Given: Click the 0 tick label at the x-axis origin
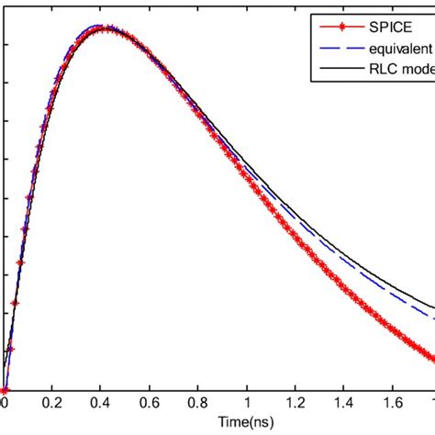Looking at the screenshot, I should pos(5,401).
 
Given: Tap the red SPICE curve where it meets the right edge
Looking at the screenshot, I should pos(432,359).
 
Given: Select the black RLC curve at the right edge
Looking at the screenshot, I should pos(432,307).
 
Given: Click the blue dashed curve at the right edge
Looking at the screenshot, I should pos(432,318).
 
